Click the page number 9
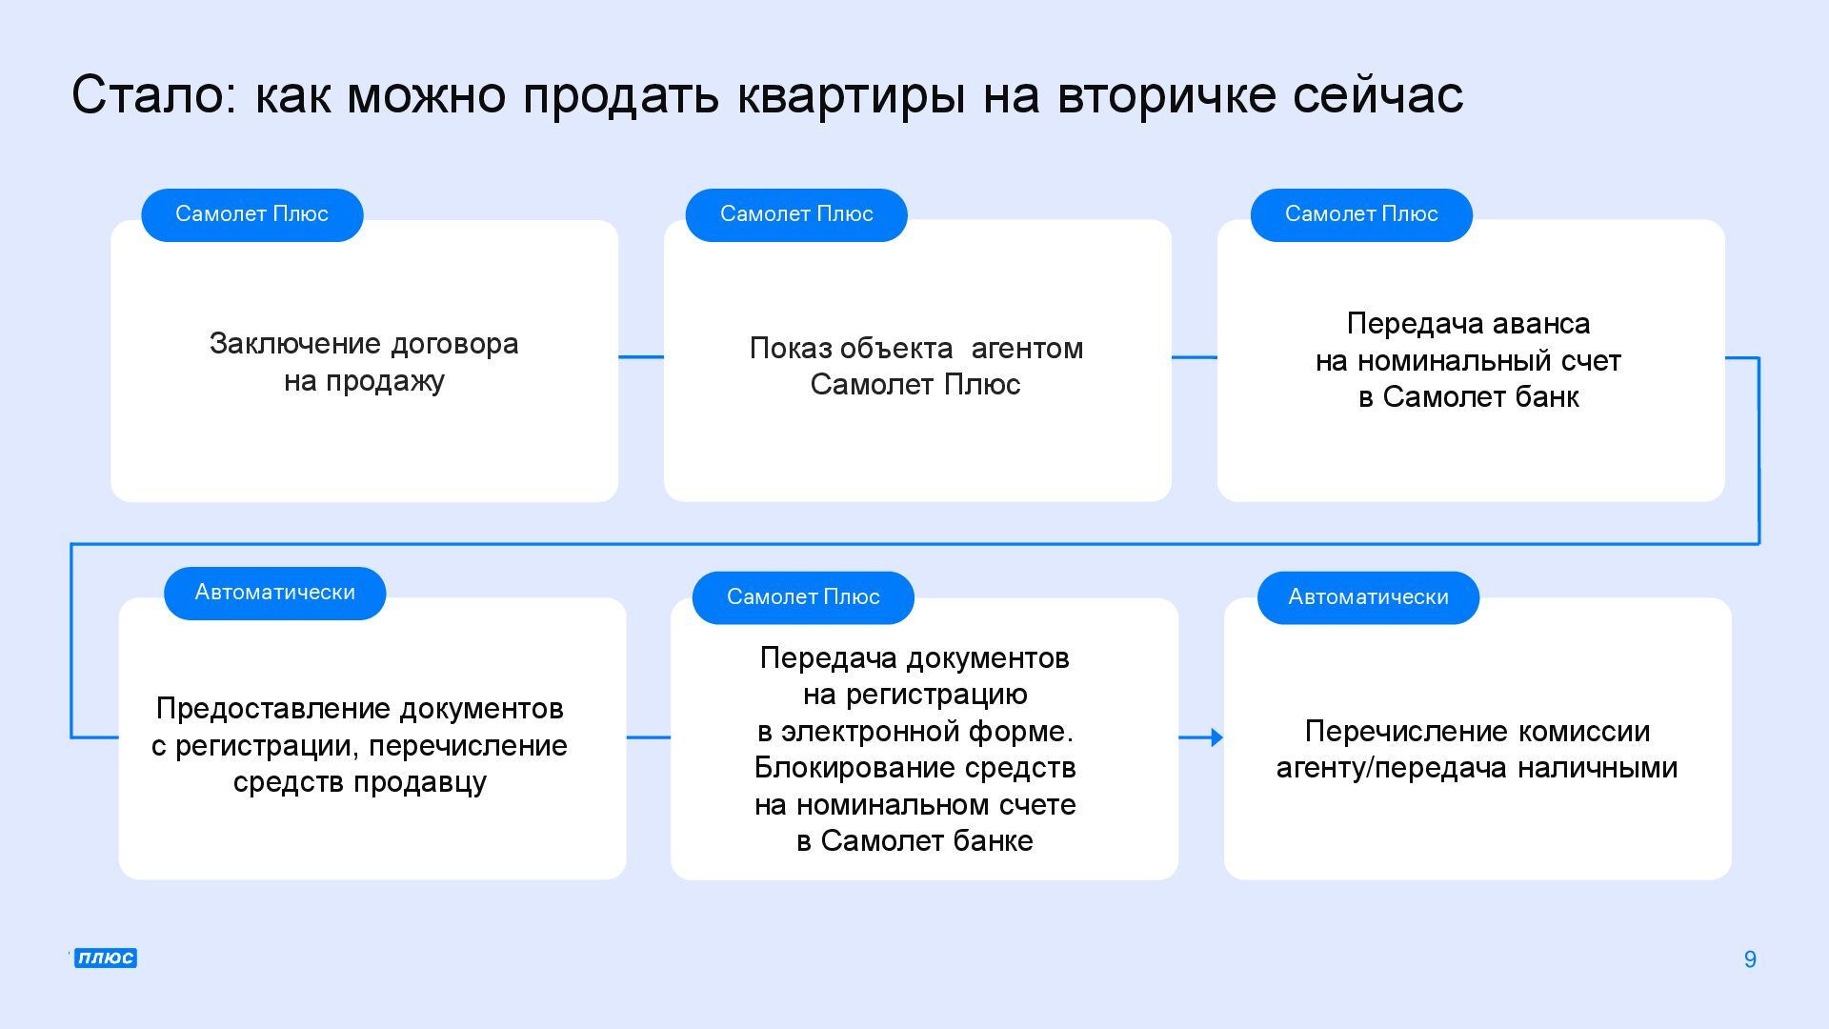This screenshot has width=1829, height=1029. click(x=1750, y=959)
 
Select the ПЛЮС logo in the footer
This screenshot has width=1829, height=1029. click(x=106, y=958)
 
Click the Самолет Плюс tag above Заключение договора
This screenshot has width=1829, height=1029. click(x=251, y=214)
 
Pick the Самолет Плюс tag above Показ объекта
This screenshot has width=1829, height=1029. click(x=796, y=214)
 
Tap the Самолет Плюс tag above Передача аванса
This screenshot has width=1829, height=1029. click(x=1361, y=214)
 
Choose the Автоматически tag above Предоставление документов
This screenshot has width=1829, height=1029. click(x=274, y=593)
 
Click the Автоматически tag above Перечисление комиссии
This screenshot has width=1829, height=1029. click(x=1368, y=597)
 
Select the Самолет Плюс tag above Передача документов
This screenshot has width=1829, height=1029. click(x=803, y=597)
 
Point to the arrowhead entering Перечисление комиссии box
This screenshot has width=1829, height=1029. click(x=1216, y=737)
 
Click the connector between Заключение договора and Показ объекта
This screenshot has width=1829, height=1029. click(x=641, y=357)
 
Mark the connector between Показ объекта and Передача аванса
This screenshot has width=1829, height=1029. click(x=1194, y=357)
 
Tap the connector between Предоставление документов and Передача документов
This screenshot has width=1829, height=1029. click(x=649, y=737)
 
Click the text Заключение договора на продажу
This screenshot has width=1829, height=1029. click(x=364, y=362)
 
